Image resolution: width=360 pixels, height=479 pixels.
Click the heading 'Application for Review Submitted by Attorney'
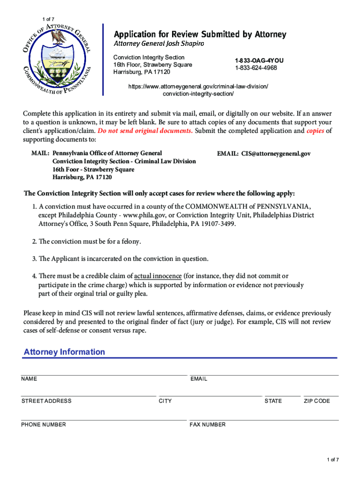pos(201,35)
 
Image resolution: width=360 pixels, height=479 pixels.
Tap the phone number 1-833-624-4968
pos(256,68)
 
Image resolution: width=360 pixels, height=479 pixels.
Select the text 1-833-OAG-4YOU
pos(259,61)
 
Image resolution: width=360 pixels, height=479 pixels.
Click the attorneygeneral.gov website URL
pos(198,90)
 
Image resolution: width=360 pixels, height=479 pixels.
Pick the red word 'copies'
pos(315,131)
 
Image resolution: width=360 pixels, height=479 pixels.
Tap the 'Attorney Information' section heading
pos(65,352)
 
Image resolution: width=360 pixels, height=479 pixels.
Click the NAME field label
pos(29,379)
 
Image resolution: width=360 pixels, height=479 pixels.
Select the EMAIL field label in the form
pos(199,379)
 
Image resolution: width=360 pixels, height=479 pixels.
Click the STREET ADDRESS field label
pos(46,401)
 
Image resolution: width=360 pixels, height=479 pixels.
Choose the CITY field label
pos(165,401)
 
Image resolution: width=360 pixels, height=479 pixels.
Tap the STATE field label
pos(273,401)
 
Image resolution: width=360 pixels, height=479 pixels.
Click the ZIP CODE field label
pos(317,401)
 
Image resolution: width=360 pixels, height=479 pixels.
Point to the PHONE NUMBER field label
pos(43,425)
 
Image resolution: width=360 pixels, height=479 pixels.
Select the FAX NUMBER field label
pos(208,425)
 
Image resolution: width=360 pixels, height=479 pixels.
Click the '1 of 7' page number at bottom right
pos(333,460)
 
